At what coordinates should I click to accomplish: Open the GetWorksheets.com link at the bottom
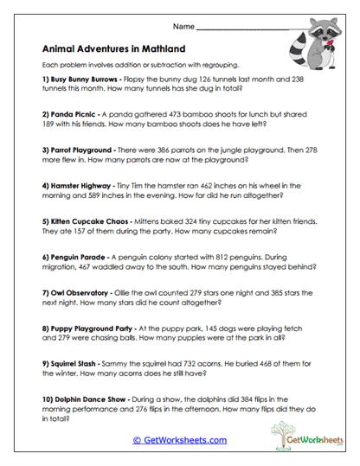coord(179,439)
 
